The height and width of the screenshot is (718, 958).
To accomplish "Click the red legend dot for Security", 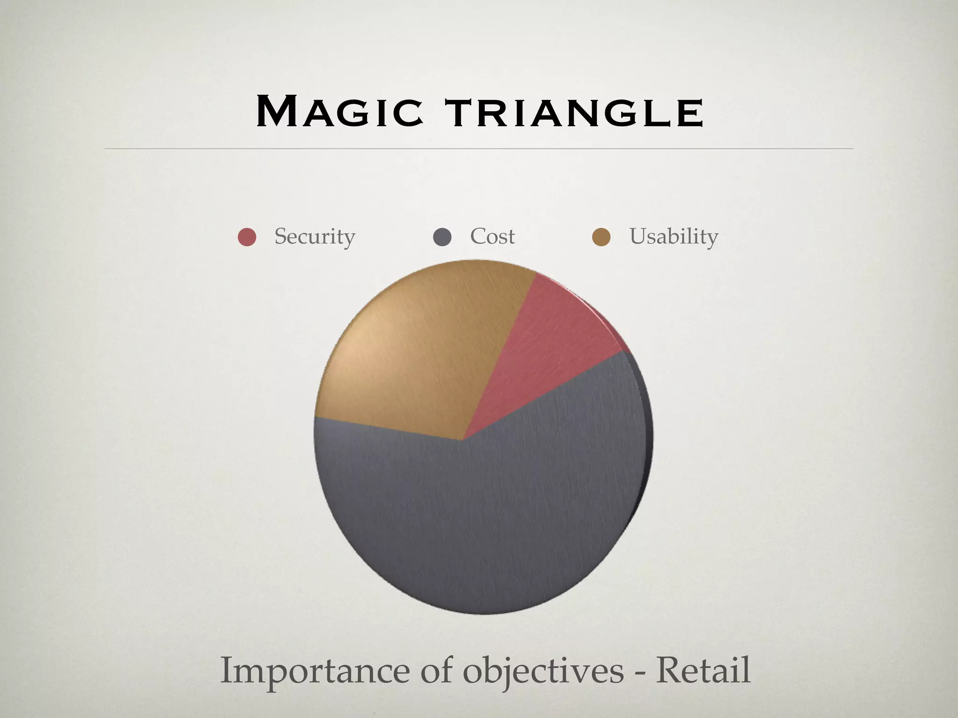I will pyautogui.click(x=247, y=237).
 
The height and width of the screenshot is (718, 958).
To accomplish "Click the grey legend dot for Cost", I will pyautogui.click(x=442, y=237).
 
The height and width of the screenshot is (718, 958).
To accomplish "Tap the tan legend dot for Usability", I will pyautogui.click(x=601, y=237).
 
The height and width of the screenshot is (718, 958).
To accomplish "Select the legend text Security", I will pyautogui.click(x=314, y=237).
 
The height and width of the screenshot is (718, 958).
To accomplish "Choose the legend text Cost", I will pyautogui.click(x=492, y=237).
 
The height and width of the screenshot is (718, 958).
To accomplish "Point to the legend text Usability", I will pyautogui.click(x=673, y=237).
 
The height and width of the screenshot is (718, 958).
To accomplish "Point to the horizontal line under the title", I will pyautogui.click(x=479, y=149).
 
